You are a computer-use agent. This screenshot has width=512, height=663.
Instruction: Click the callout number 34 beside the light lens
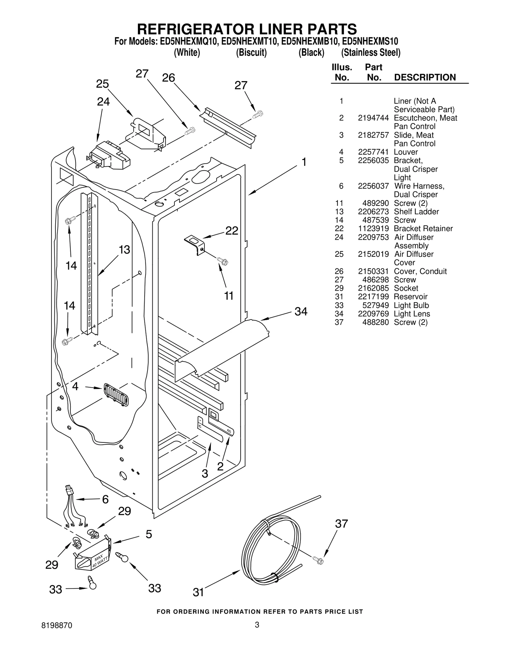pos(300,311)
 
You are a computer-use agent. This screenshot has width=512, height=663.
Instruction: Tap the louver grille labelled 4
pos(116,395)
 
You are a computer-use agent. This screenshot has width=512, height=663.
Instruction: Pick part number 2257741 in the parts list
pos(373,152)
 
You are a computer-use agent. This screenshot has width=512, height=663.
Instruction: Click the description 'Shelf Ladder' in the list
pos(416,212)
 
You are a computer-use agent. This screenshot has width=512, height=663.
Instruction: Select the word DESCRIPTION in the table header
pos(425,77)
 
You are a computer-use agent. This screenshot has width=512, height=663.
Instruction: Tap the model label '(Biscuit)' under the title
pos(251,53)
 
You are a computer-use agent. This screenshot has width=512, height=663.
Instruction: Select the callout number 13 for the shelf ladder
pos(124,250)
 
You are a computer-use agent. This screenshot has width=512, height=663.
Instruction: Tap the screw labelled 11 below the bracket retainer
pos(223,261)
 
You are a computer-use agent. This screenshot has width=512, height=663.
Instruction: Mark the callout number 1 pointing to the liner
pos(304,162)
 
